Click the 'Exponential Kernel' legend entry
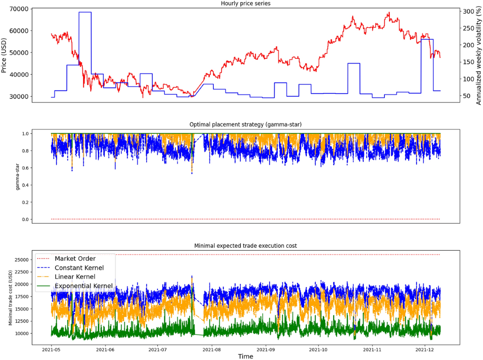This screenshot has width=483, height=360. pyautogui.click(x=86, y=286)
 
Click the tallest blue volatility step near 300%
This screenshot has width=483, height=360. pyautogui.click(x=85, y=12)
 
